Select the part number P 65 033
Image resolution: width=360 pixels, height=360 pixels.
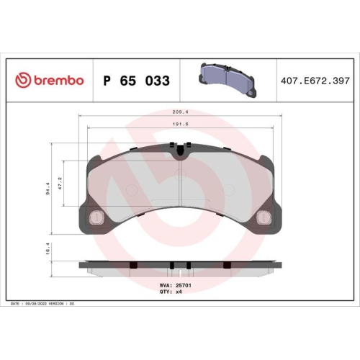137,81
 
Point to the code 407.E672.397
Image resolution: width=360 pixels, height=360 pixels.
315,81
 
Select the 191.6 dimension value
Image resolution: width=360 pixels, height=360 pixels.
180,125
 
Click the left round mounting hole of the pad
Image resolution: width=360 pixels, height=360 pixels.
93,217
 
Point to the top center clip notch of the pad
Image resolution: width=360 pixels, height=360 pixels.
179,150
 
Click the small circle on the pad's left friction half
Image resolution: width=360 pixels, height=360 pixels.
130,190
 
